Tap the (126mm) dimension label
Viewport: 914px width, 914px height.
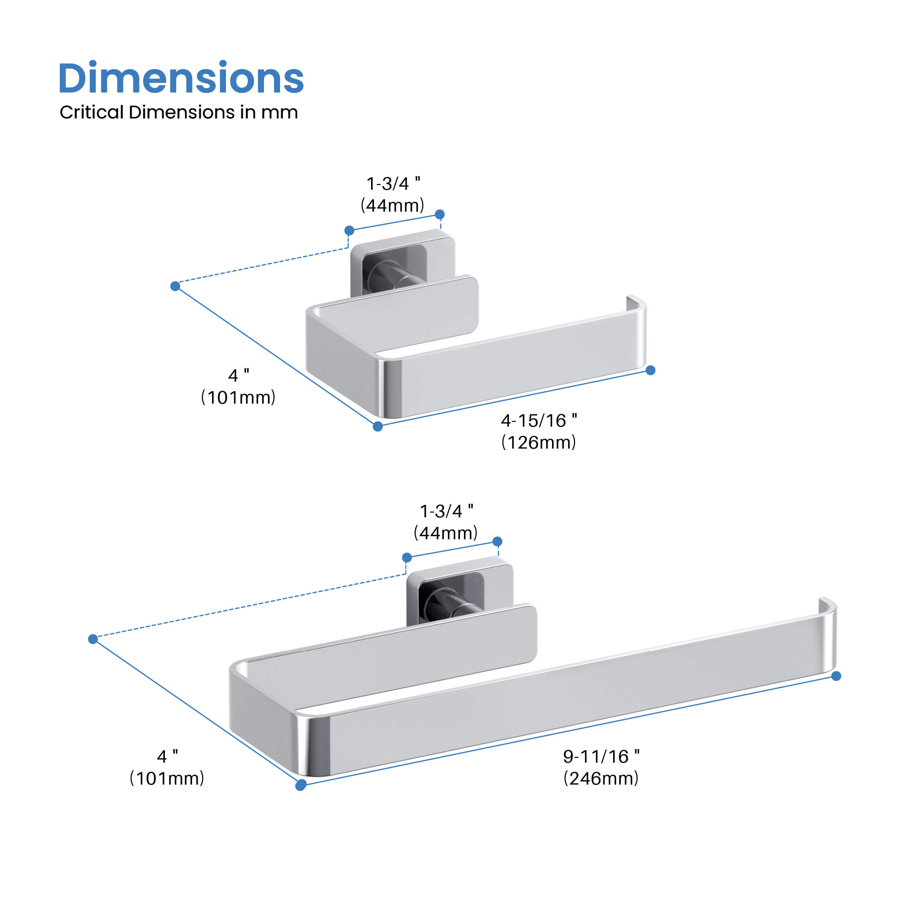pos(539,442)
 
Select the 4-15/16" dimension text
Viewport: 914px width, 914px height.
pos(539,420)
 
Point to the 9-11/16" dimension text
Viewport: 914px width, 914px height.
pos(601,756)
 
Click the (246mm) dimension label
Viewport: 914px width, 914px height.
pos(601,778)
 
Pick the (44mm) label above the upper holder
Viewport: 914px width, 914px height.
pos(392,205)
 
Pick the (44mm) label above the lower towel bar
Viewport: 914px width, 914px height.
pos(446,533)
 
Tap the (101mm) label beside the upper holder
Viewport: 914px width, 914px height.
pos(238,397)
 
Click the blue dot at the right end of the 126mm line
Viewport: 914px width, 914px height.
pos(650,370)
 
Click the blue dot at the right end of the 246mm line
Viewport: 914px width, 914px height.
pos(836,676)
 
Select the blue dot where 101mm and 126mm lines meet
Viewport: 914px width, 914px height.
pos(378,427)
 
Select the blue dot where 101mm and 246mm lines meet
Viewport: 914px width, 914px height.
pos(301,786)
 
